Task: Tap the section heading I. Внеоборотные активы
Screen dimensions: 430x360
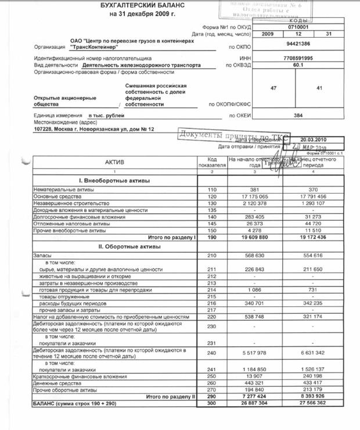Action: (114, 181)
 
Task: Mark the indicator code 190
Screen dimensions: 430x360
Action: (211, 237)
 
